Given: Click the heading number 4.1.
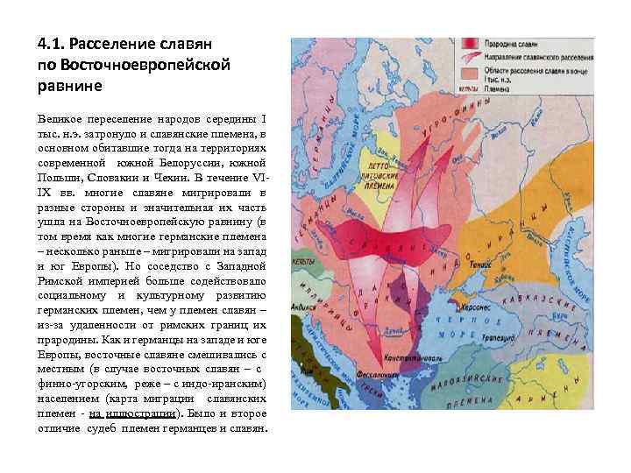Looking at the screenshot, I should click(49, 43).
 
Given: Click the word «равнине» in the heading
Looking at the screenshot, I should click(70, 85).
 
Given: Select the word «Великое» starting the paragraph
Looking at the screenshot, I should click(58, 117).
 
